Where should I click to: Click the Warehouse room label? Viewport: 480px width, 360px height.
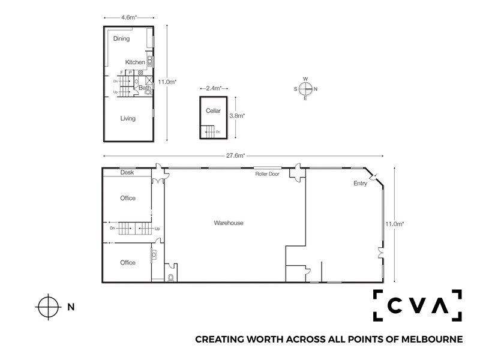(229, 223)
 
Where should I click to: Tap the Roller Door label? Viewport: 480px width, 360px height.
(267, 174)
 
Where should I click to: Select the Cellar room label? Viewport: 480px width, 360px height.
(213, 111)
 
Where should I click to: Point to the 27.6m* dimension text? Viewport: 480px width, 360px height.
(235, 155)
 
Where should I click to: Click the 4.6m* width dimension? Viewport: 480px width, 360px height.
(129, 17)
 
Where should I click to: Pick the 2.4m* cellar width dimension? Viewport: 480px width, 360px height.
(214, 88)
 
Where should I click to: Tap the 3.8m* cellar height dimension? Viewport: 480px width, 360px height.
(237, 116)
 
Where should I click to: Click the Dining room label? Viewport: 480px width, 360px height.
(122, 38)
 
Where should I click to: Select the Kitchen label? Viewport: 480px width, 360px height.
(135, 62)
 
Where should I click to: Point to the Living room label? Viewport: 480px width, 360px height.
(128, 118)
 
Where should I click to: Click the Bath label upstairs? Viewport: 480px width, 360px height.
(145, 88)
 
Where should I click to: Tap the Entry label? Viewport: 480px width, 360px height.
(360, 184)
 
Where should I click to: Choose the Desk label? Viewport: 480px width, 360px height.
(127, 172)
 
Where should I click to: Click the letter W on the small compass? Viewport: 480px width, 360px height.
(305, 79)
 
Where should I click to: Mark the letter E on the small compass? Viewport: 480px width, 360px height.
(305, 98)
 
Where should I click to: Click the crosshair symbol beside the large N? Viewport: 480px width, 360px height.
(48, 307)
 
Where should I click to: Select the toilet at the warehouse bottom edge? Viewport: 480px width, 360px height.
(171, 277)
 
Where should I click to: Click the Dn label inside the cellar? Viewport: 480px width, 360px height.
(218, 132)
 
